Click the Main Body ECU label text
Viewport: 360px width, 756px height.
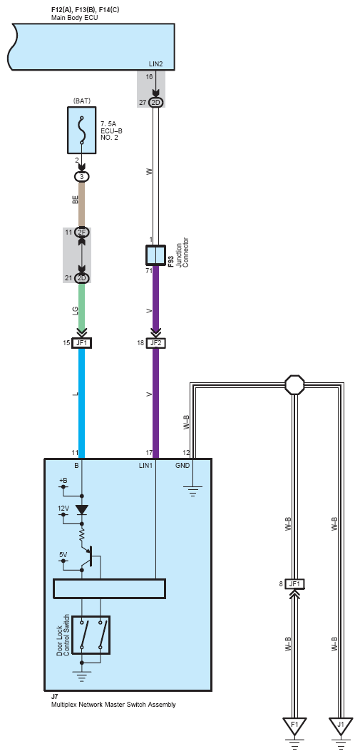pyautogui.click(x=75, y=17)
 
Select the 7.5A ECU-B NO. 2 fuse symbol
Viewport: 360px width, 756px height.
pyautogui.click(x=81, y=131)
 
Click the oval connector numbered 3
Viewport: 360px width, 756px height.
pyautogui.click(x=81, y=177)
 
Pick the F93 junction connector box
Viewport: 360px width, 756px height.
pyautogui.click(x=155, y=255)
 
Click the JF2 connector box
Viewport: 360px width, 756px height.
pyautogui.click(x=155, y=343)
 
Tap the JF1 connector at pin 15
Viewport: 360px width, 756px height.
pyautogui.click(x=81, y=343)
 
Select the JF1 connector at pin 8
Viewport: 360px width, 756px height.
pyautogui.click(x=294, y=584)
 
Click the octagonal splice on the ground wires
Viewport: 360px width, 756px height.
pyautogui.click(x=294, y=385)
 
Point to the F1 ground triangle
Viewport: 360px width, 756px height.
pyautogui.click(x=294, y=725)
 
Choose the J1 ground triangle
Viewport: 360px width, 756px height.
pyautogui.click(x=341, y=725)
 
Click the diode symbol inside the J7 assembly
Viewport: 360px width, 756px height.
pyautogui.click(x=82, y=510)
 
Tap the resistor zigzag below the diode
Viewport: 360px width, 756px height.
pyautogui.click(x=82, y=533)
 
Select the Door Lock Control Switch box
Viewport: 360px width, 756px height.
pyautogui.click(x=91, y=635)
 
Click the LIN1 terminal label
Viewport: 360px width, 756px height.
pyautogui.click(x=146, y=465)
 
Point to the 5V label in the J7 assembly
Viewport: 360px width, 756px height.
pyautogui.click(x=63, y=555)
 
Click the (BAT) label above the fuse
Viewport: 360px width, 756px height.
pyautogui.click(x=81, y=101)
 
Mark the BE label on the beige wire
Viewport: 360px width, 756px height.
pyautogui.click(x=75, y=200)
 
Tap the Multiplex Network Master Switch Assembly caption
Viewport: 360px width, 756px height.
pyautogui.click(x=113, y=705)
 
